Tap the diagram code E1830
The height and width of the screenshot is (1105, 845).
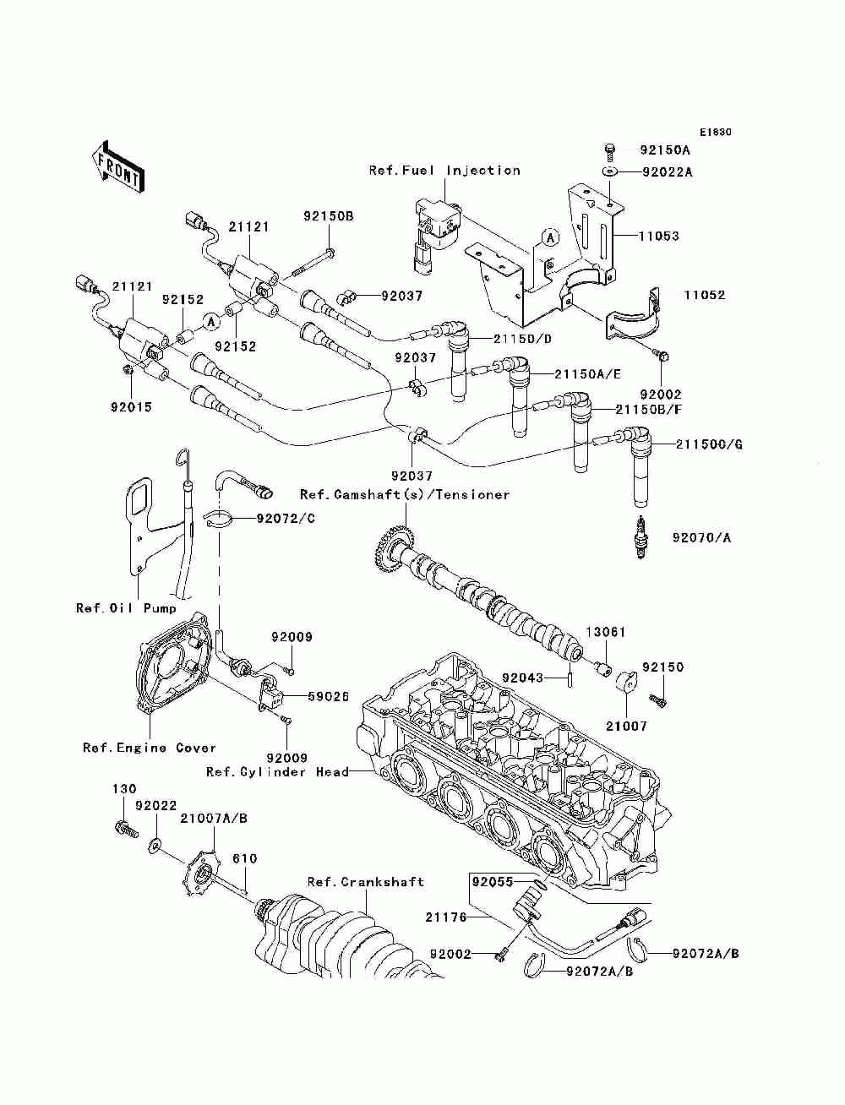point(714,133)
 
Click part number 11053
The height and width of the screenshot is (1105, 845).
point(658,237)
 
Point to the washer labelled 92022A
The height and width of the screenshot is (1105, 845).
point(610,173)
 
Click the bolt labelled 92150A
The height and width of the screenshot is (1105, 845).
point(609,151)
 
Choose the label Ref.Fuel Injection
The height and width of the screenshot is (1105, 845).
point(444,171)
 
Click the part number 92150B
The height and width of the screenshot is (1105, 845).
point(329,216)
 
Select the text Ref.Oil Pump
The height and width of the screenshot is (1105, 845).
point(127,608)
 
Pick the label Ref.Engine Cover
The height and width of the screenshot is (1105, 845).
point(150,748)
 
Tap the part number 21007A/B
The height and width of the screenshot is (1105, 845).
point(214,818)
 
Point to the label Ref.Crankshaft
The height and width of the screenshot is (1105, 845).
point(365,882)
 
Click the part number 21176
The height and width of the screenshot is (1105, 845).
point(444,917)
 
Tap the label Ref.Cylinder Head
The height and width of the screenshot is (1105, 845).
point(278,772)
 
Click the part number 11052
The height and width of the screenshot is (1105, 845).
point(705,296)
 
